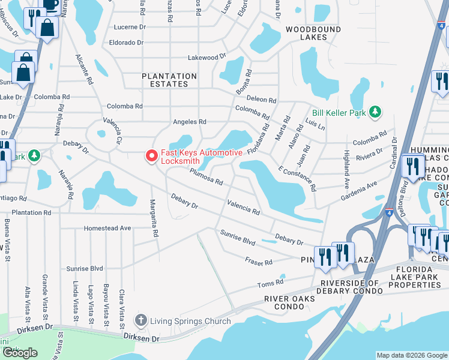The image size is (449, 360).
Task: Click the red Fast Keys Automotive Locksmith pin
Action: [x=152, y=157]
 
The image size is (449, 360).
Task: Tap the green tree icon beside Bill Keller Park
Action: [x=376, y=112]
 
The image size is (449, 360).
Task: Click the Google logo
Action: [x=20, y=353]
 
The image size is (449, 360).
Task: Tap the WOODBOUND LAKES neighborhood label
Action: [x=306, y=33]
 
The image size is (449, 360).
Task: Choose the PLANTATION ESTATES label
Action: [x=169, y=80]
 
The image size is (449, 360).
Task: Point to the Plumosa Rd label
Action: [x=206, y=177]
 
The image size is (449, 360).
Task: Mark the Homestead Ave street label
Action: [x=107, y=228]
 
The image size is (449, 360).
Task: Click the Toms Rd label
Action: [x=270, y=283]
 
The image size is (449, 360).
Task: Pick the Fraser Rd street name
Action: [x=259, y=261]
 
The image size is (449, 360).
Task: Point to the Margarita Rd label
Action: [x=154, y=217]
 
